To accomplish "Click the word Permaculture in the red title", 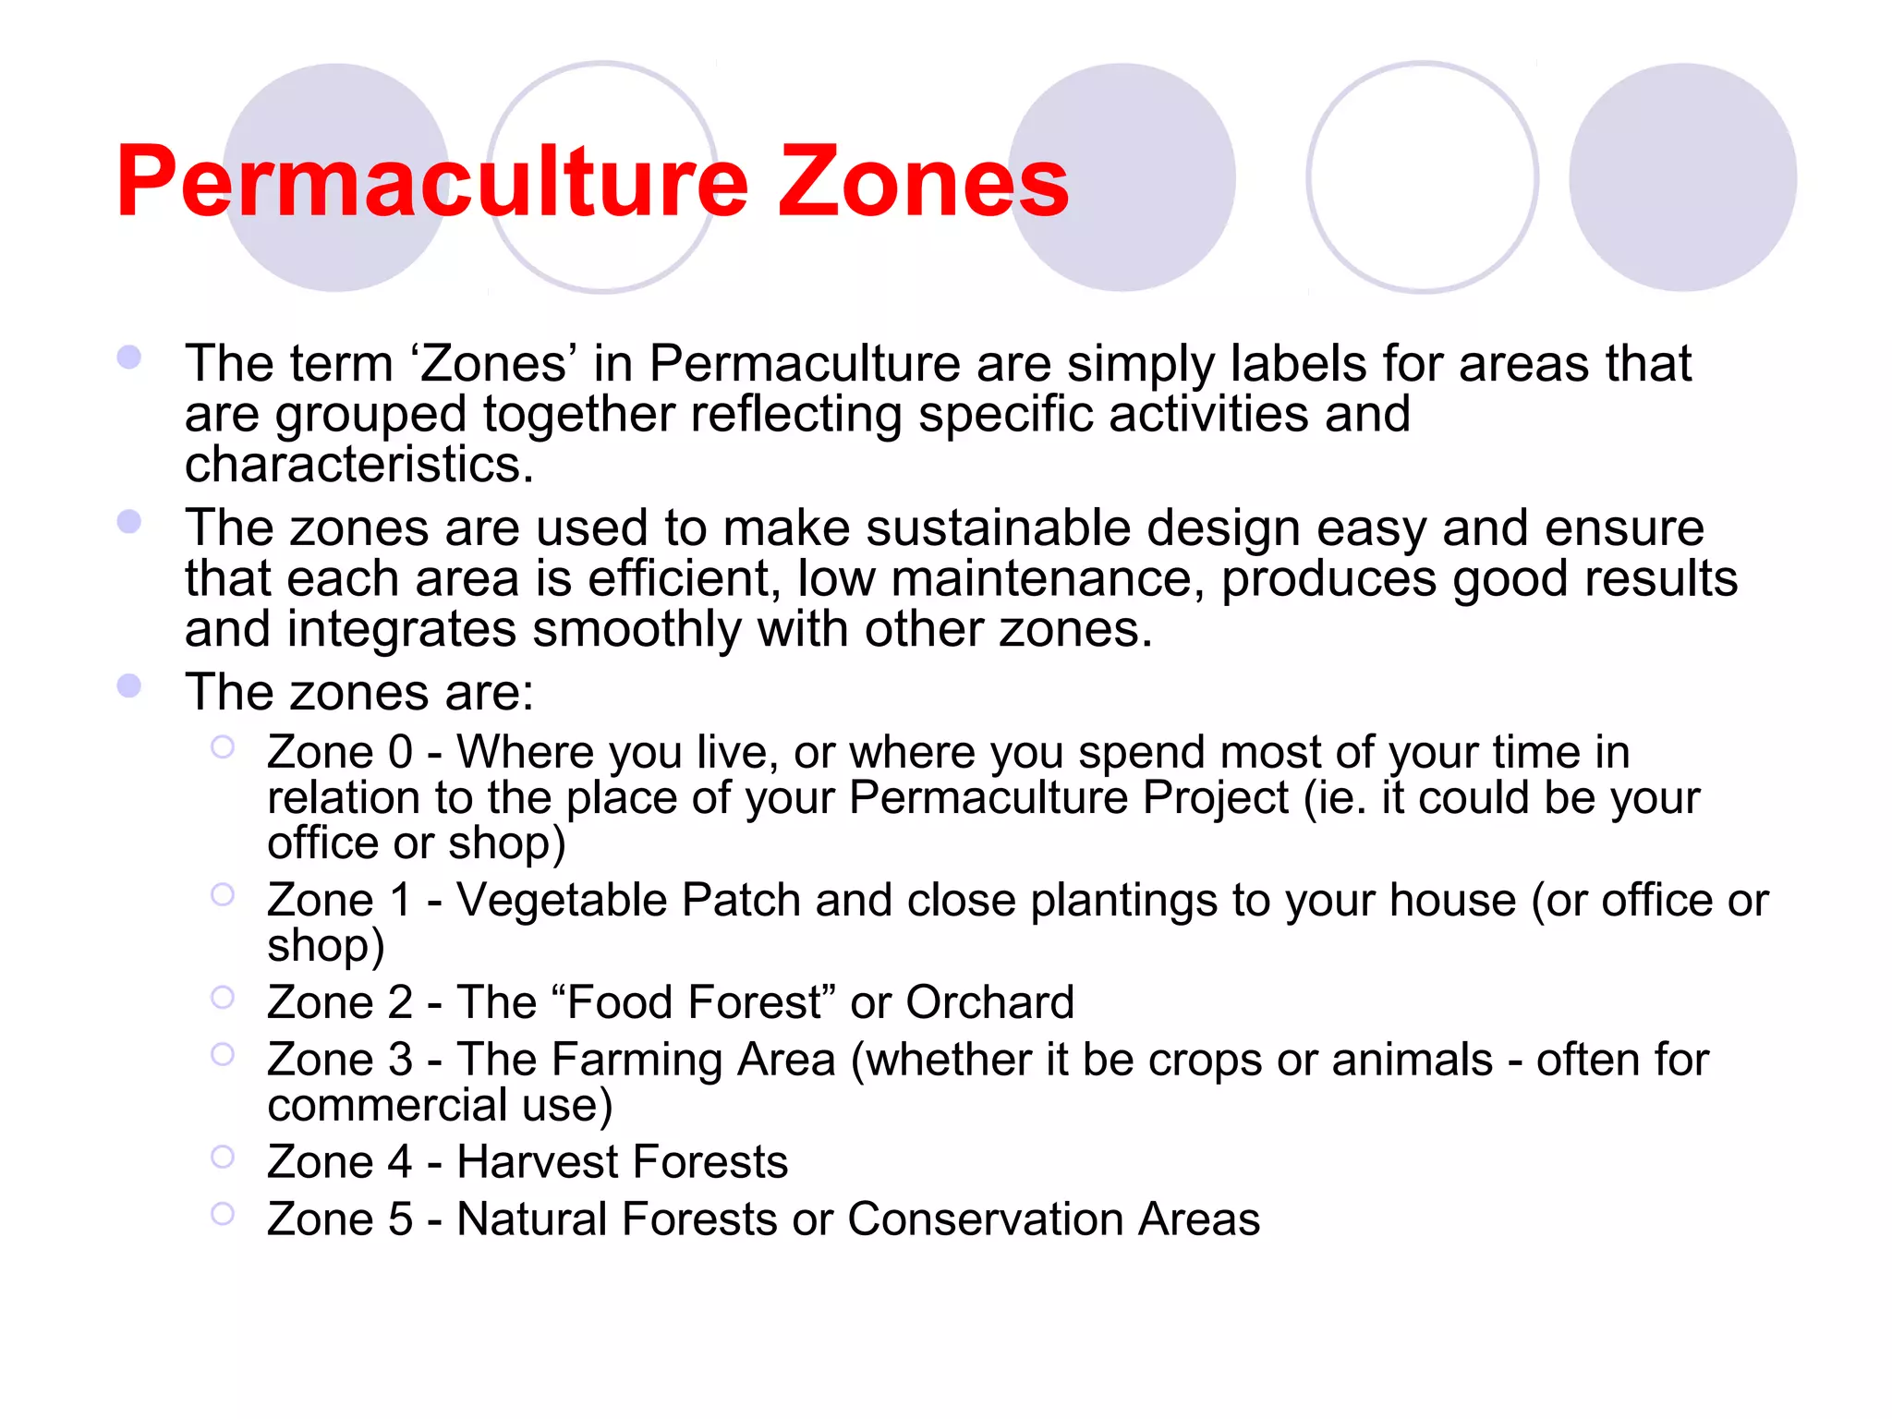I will tap(431, 182).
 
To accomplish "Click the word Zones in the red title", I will tap(923, 182).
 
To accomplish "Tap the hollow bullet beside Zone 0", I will tap(223, 746).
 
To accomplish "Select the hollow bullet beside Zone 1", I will tap(223, 894).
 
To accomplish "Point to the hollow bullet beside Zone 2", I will tap(223, 997).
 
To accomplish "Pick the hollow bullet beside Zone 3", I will tap(223, 1054).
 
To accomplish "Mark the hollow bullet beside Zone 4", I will tap(223, 1157).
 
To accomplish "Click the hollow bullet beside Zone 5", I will tap(223, 1214).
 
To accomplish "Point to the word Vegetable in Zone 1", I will tap(562, 901).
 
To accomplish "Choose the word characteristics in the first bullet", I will tap(358, 464).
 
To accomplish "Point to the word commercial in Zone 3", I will tap(387, 1106).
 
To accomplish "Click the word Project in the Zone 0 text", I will tap(1215, 798).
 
